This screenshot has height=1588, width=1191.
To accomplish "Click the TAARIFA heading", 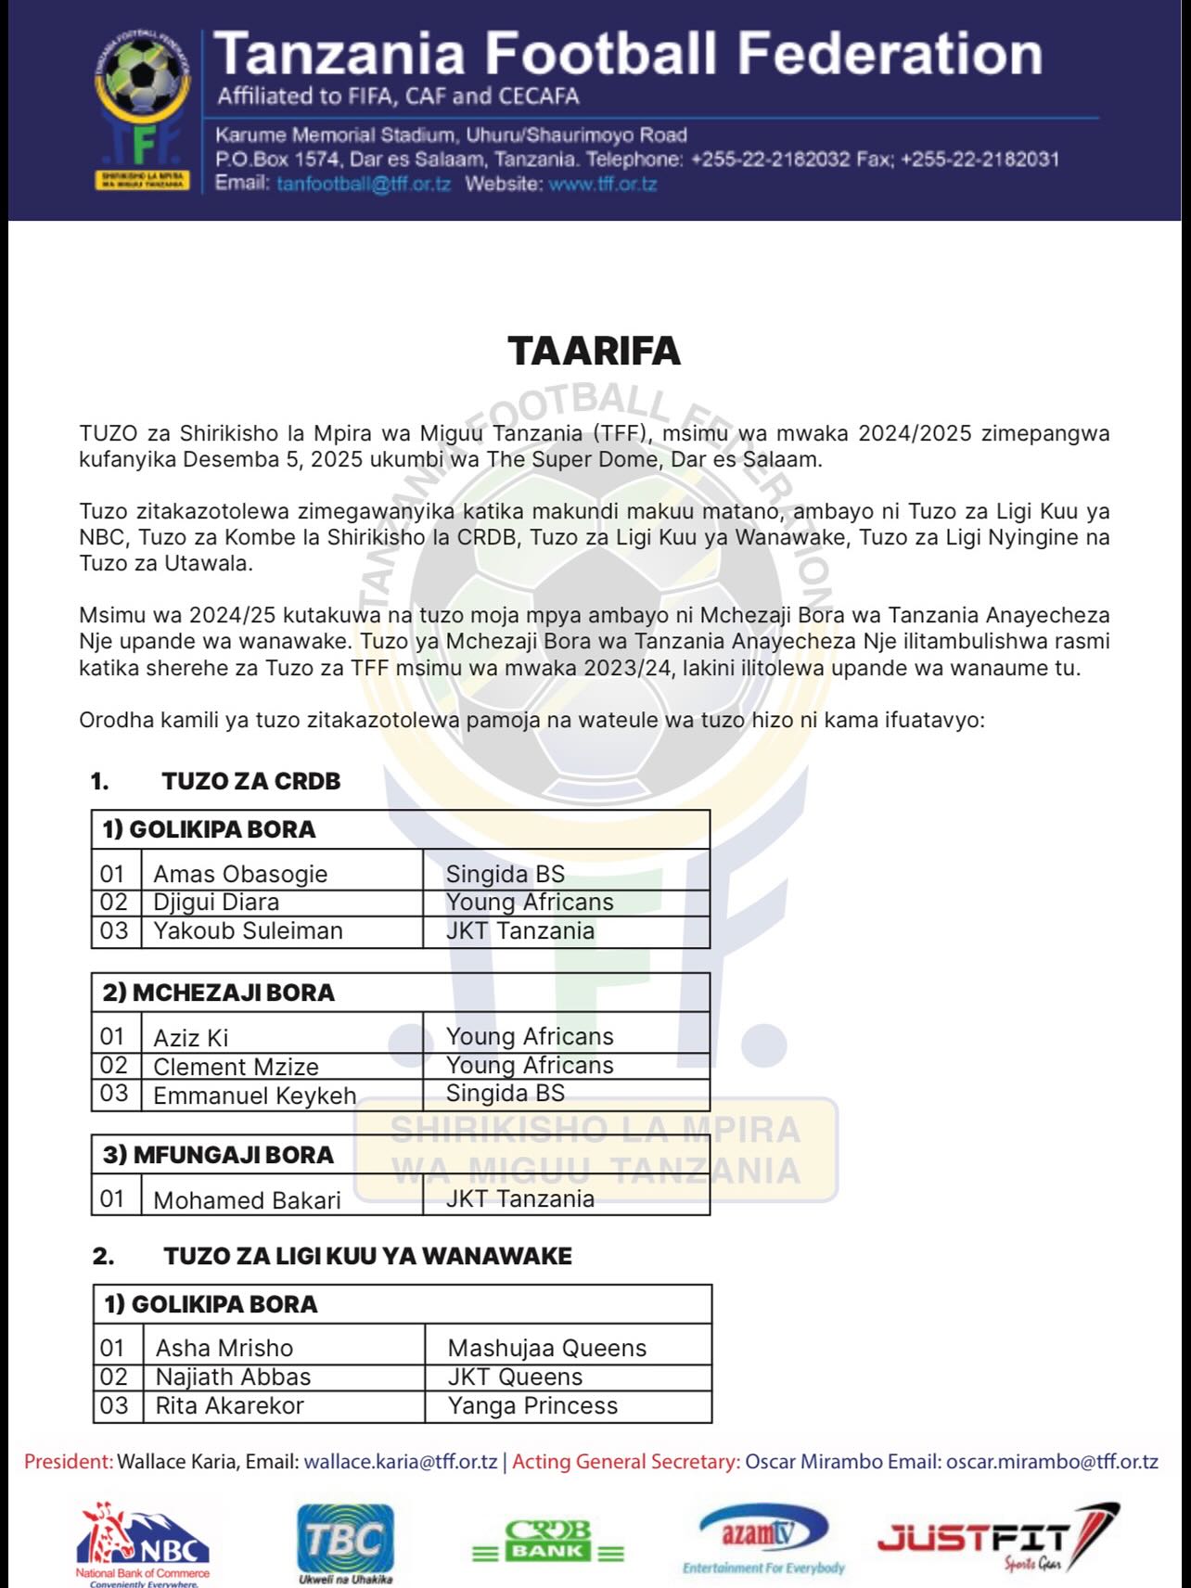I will tap(594, 351).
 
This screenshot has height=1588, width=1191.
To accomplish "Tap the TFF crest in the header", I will tap(143, 109).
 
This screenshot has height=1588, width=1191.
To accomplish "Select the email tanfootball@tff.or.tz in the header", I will tap(363, 184).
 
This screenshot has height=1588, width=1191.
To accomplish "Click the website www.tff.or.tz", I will tap(602, 184).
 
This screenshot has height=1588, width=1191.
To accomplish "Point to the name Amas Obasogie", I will tap(240, 874).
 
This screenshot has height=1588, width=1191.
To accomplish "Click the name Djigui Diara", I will tap(216, 903).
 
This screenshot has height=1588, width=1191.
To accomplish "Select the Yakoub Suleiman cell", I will tap(248, 930).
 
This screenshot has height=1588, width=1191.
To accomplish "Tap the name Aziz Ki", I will tap(191, 1038).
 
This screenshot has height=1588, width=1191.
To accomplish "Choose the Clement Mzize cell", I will tap(236, 1067).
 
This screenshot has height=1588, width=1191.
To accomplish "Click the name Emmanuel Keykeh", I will tap(254, 1095).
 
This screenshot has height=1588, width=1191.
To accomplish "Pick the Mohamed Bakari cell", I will tap(247, 1200).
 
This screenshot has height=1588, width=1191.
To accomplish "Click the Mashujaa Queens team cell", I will tap(546, 1348).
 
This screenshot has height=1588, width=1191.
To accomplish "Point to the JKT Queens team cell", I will tap(515, 1377).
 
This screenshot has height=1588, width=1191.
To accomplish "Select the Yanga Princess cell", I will tap(532, 1405).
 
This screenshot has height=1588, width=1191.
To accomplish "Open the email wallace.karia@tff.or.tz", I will tap(401, 1462).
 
